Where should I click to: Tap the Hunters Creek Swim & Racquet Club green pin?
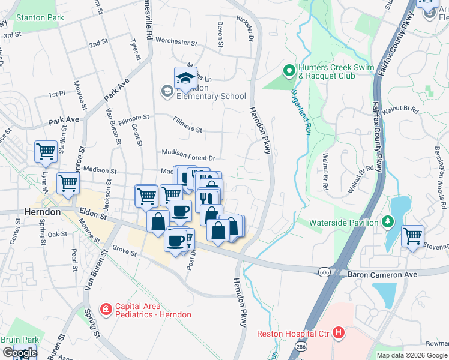click(289, 71)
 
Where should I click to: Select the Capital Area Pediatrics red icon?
click(106, 310)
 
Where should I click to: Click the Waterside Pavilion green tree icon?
click(388, 223)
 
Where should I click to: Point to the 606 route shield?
click(324, 272)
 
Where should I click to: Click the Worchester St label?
click(176, 42)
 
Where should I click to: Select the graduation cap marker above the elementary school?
click(186, 77)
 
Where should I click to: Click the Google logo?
click(20, 353)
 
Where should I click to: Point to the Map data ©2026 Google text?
click(412, 355)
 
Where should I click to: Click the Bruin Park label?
click(19, 340)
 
